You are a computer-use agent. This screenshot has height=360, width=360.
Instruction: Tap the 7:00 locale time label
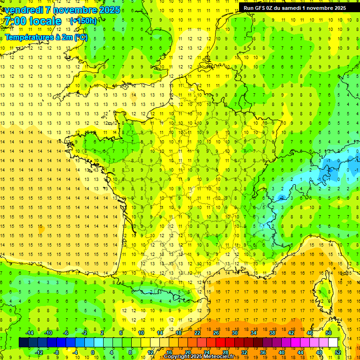point(33,21)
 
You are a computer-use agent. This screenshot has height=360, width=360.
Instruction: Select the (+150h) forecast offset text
point(83,21)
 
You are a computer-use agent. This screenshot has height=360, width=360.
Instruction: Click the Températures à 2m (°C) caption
point(46,37)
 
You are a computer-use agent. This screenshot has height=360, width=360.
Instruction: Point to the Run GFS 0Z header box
point(295,7)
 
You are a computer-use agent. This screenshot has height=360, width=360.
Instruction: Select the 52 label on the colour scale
point(337,352)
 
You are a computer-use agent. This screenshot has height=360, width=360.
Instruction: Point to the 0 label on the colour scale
point(93,352)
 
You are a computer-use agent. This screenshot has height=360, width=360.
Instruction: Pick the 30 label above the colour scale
point(235,333)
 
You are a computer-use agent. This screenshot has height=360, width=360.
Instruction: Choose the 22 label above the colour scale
point(197,333)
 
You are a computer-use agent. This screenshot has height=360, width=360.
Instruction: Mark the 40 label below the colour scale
point(281,352)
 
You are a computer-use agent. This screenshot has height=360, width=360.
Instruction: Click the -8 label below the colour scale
point(56,352)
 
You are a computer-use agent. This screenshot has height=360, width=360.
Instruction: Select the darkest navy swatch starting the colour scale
point(23,343)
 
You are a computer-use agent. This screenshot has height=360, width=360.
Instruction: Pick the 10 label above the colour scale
point(141,333)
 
